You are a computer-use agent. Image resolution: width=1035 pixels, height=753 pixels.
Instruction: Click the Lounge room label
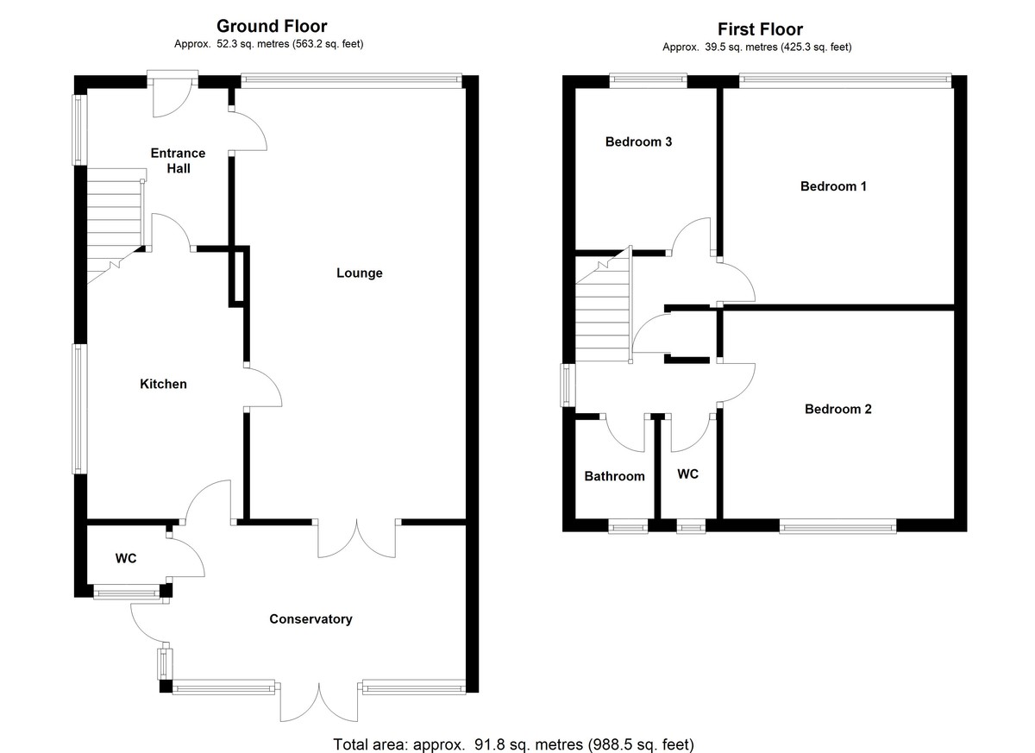click(359, 273)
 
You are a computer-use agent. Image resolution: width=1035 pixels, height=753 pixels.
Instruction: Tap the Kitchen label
click(163, 384)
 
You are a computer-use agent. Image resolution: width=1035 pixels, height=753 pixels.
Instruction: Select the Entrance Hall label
click(178, 160)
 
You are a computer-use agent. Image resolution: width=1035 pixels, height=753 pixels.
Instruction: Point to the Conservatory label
click(310, 619)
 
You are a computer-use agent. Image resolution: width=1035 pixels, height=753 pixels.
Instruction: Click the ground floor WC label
click(126, 559)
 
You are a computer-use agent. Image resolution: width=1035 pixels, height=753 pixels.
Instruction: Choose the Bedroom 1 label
click(833, 186)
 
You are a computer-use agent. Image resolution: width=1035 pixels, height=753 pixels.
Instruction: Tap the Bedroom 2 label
click(837, 409)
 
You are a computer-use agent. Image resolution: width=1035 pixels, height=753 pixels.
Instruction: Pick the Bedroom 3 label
click(638, 141)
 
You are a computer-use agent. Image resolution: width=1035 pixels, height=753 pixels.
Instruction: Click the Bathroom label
click(614, 476)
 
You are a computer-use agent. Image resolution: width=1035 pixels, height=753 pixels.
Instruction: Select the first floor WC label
click(687, 474)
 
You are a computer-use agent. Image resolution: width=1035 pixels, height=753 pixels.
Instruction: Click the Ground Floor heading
click(271, 27)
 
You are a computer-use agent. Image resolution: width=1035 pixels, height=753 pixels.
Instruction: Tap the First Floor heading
click(760, 30)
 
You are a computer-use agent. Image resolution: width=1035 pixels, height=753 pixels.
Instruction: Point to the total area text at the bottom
click(513, 744)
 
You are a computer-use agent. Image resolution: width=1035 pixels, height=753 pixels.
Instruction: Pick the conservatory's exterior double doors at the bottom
click(318, 702)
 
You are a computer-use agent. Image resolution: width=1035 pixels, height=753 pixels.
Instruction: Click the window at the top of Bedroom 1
click(845, 80)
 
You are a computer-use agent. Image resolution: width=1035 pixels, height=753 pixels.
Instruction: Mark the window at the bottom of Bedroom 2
click(837, 525)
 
